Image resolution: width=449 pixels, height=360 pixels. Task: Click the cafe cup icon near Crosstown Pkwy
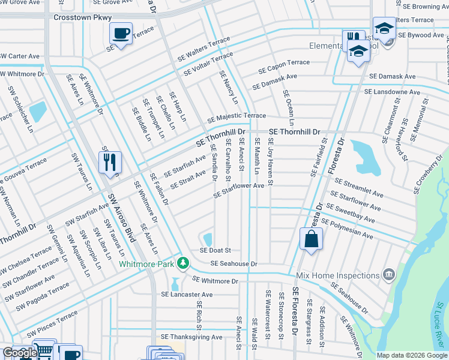122,34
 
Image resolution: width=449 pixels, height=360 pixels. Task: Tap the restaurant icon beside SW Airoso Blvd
110,163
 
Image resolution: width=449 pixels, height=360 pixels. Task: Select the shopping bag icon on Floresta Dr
312,239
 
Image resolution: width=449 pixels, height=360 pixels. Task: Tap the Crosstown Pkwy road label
83,18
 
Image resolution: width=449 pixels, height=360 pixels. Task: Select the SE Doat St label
215,250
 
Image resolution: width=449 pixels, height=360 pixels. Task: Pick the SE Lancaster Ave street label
187,295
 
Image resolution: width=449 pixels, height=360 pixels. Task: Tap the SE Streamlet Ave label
358,188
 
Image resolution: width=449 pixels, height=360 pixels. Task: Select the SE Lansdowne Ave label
393,92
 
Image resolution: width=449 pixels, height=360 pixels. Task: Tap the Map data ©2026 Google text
411,355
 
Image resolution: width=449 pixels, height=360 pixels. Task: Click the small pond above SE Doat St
208,238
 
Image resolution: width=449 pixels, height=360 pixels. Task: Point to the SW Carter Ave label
20,56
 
